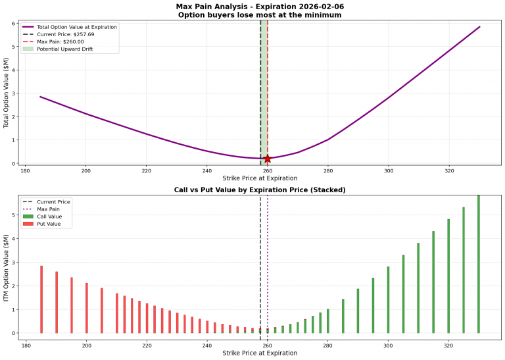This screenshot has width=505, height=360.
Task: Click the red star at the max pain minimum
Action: pyautogui.click(x=268, y=159)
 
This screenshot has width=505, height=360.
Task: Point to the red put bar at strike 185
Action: pyautogui.click(x=41, y=299)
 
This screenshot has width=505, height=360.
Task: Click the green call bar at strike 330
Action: pyautogui.click(x=479, y=263)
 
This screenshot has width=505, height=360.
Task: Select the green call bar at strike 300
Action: pyautogui.click(x=388, y=299)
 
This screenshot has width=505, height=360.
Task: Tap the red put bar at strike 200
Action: pyautogui.click(x=87, y=308)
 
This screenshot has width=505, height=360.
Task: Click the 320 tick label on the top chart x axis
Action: pyautogui.click(x=449, y=171)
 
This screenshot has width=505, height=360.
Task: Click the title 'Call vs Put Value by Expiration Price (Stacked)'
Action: pyautogui.click(x=260, y=190)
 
